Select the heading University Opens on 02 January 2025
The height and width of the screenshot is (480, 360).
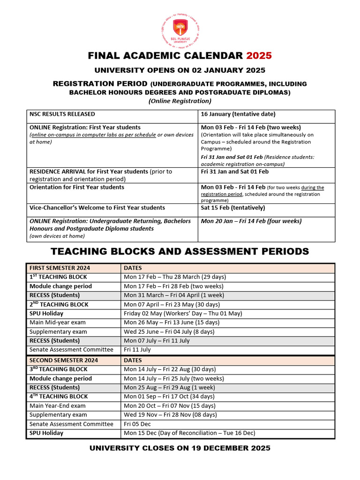(x=180, y=70)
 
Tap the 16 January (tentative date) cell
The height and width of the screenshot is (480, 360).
(x=238, y=114)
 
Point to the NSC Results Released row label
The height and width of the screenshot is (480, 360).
(x=62, y=114)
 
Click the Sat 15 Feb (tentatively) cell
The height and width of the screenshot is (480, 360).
(x=233, y=208)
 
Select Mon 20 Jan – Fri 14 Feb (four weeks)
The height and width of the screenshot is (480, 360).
(x=251, y=221)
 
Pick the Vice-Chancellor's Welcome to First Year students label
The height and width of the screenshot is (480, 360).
(x=97, y=208)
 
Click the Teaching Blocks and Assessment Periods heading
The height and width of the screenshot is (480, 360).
(x=180, y=251)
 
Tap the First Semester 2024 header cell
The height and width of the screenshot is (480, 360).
(x=60, y=268)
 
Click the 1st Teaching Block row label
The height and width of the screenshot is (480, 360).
(x=58, y=277)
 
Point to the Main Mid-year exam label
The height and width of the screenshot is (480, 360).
(x=58, y=322)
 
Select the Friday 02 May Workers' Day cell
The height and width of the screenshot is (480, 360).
(x=183, y=314)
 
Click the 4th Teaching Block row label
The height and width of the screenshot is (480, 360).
(x=59, y=397)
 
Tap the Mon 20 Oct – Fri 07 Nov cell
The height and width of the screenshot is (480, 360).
(x=170, y=406)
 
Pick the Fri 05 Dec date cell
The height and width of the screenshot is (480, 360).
(x=137, y=424)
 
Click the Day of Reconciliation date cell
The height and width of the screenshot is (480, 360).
(x=189, y=433)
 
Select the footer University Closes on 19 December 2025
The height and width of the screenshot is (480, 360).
(x=180, y=448)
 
